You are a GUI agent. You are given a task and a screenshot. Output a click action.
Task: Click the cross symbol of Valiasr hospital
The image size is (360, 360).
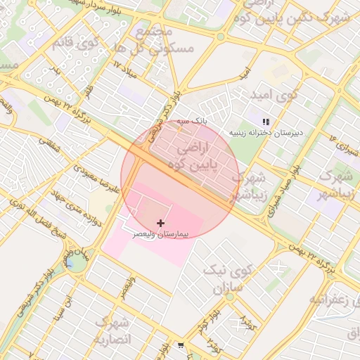coord(161,223)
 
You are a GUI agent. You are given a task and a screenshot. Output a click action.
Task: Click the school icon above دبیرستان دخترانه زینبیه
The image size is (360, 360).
coord(266,122)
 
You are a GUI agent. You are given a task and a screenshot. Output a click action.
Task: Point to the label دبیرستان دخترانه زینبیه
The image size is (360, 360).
coord(258,132)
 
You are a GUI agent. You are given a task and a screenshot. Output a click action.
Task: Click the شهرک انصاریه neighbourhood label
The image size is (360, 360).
coord(113,330)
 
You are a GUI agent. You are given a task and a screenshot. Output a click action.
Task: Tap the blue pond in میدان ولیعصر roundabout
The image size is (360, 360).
coord(71,264)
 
